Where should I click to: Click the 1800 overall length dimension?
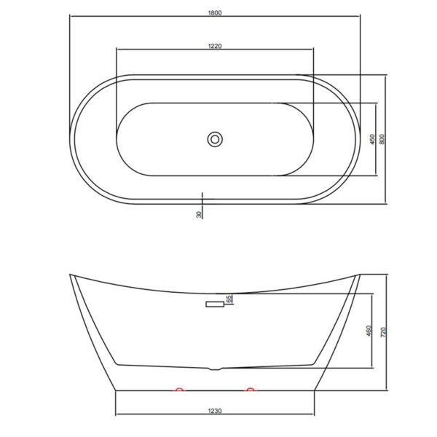pos(215,13)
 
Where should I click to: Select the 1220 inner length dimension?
pos(215,46)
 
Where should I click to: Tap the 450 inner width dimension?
pos(372,139)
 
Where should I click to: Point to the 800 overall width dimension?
pos(382,139)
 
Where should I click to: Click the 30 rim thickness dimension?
pos(199,214)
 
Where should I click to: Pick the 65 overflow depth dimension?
pos(229,299)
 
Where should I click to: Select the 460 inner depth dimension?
pos(369,331)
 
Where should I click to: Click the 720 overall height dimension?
pos(383,331)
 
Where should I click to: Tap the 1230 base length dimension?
pos(215,411)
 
